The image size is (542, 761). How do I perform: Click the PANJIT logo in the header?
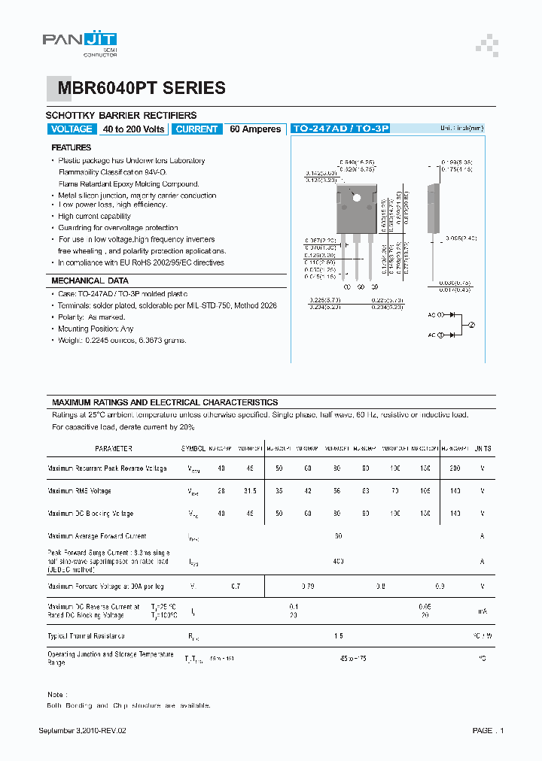(79, 42)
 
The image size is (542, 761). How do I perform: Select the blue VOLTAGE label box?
(71, 129)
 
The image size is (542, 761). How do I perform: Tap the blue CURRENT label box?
(196, 129)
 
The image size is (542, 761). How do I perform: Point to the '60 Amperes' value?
(255, 129)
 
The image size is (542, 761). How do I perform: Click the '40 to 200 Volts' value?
(134, 129)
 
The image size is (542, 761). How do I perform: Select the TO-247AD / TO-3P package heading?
(340, 129)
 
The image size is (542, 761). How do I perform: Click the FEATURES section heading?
(72, 147)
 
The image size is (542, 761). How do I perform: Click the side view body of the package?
(431, 207)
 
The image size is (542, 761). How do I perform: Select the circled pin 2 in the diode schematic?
(472, 324)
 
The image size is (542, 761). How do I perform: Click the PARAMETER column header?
(111, 448)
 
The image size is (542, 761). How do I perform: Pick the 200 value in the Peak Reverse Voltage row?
(454, 468)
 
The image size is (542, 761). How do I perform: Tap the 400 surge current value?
(338, 561)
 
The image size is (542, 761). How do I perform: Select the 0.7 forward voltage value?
(236, 587)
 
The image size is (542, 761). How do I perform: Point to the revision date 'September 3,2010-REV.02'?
(87, 731)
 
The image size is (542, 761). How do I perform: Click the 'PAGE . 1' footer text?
(488, 731)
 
